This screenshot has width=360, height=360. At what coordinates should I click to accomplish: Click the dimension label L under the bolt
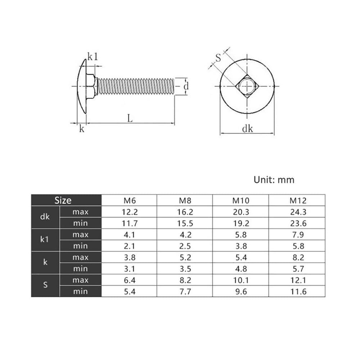(130, 118)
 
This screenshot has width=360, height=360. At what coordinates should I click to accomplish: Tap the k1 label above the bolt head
(93, 57)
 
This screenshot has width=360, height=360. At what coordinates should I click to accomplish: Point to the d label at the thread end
(186, 86)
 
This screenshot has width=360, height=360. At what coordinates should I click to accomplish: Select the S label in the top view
(218, 58)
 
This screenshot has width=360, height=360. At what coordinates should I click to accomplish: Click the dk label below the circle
(248, 129)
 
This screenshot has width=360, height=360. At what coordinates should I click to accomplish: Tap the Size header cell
(63, 201)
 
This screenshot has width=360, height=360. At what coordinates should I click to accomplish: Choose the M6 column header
(130, 201)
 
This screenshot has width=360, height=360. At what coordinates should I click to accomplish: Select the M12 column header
(298, 201)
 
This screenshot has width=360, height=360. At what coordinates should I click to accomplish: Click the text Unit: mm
(274, 180)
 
